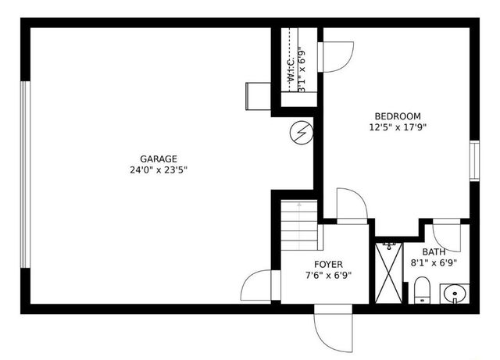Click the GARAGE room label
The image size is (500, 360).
tap(159, 159)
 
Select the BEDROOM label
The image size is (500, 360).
tap(398, 116)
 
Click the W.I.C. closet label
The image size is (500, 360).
tap(291, 69)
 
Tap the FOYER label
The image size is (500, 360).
tap(328, 265)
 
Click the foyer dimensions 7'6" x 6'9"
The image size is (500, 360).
tap(328, 275)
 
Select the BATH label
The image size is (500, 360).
tap(434, 252)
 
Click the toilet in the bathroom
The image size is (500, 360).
tap(421, 290)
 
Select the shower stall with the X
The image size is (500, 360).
tap(388, 272)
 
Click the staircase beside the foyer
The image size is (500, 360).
tap(300, 223)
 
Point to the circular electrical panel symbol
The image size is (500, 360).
tap(300, 133)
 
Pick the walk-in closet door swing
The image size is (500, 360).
tap(336, 56)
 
